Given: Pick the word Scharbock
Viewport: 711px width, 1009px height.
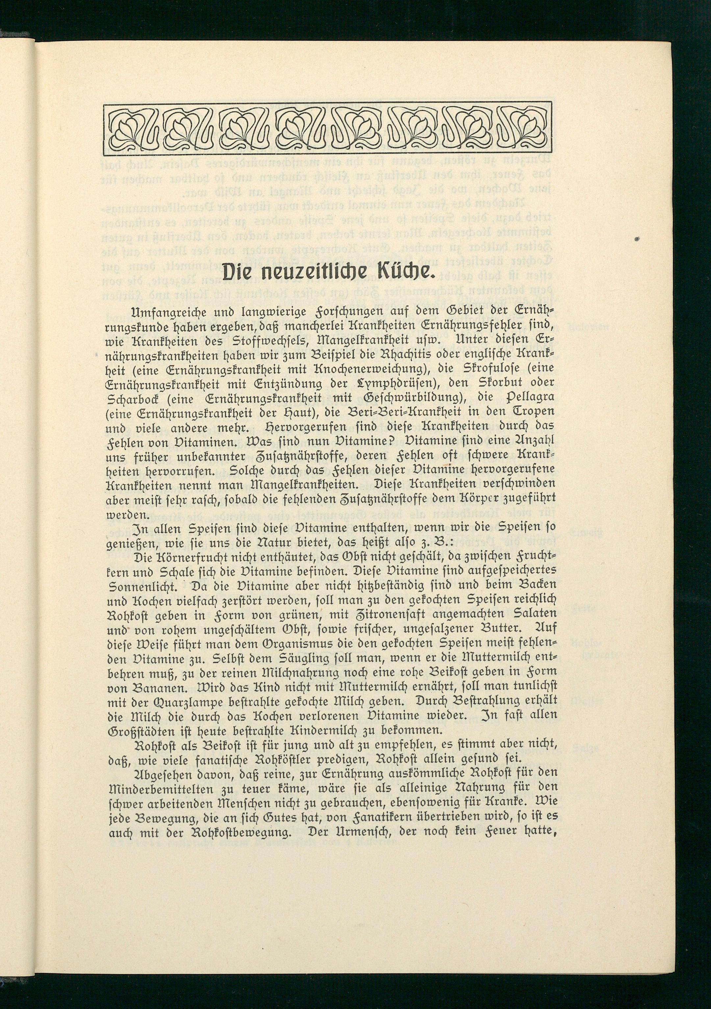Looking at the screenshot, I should coord(136,397).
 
